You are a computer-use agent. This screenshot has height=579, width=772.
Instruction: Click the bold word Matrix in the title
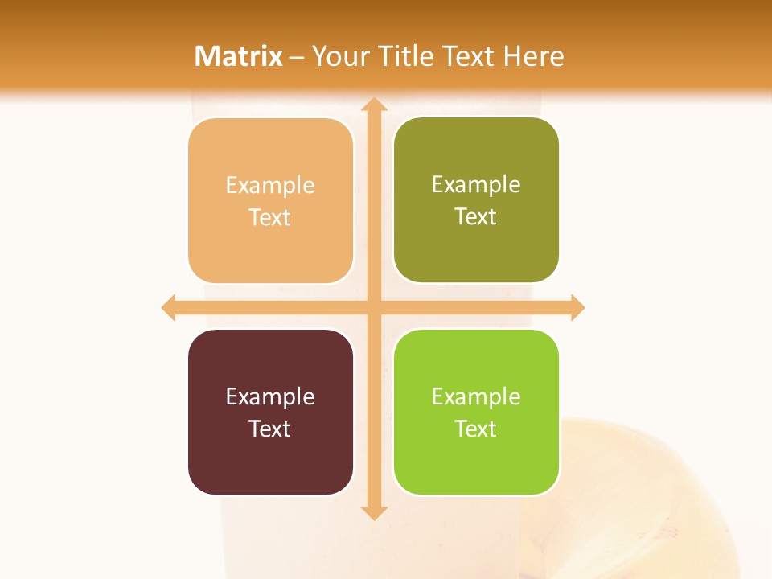pyautogui.click(x=239, y=56)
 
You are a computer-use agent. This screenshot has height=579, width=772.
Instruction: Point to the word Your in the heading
pyautogui.click(x=338, y=56)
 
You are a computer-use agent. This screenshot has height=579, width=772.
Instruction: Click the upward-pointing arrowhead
pyautogui.click(x=373, y=105)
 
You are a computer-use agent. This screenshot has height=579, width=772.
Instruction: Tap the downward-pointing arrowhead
pyautogui.click(x=373, y=512)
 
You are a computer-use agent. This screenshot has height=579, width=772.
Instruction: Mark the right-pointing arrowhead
pyautogui.click(x=577, y=307)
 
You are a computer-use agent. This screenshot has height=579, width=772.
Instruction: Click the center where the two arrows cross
pyautogui.click(x=373, y=307)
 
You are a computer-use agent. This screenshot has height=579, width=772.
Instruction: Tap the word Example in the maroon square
pyautogui.click(x=270, y=397)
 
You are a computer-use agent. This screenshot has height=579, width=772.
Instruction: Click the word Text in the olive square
pyautogui.click(x=476, y=217)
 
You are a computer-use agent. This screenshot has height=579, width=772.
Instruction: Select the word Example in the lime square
pyautogui.click(x=476, y=397)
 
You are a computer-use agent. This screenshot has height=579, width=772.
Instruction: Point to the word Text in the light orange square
pyautogui.click(x=270, y=218)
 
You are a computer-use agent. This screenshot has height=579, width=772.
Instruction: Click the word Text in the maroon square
pyautogui.click(x=270, y=429)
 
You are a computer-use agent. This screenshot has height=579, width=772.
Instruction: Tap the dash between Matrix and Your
pyautogui.click(x=297, y=57)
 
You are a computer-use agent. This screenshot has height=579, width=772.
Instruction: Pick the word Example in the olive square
pyautogui.click(x=476, y=185)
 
